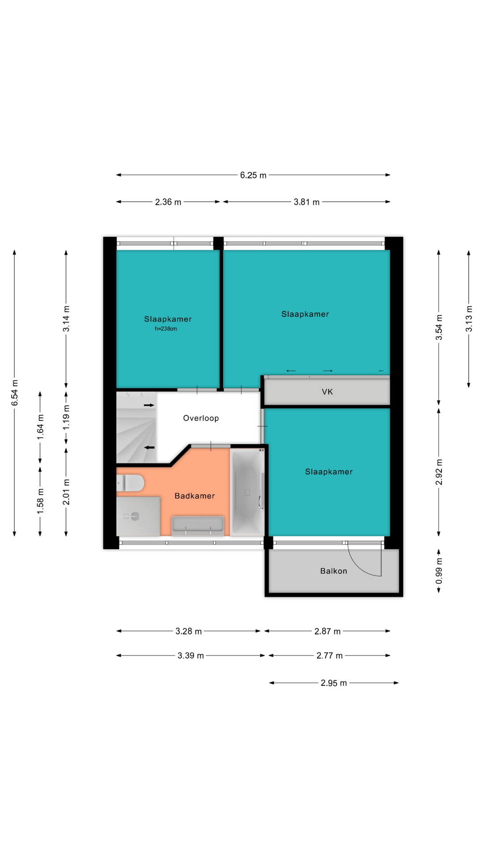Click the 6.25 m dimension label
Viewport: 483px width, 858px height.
[253, 175]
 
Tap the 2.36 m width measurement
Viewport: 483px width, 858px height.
[168, 202]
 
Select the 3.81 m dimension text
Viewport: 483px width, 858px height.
[307, 202]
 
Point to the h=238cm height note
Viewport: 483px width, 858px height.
[166, 329]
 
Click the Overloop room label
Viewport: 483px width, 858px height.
[201, 418]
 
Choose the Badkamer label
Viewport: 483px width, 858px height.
[195, 496]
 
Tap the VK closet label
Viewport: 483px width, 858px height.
[327, 392]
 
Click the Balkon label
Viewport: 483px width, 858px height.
[334, 571]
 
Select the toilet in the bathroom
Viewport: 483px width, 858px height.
[130, 483]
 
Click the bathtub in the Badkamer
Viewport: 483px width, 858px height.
[247, 492]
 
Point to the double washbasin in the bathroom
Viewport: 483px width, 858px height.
[198, 526]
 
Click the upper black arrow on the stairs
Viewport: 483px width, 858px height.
[149, 405]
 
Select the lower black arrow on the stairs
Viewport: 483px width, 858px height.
[149, 447]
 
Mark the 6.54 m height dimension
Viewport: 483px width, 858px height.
[15, 393]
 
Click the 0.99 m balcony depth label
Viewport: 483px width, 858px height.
[439, 571]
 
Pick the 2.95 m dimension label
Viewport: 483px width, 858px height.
[334, 683]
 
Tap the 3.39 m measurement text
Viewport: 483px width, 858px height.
[191, 656]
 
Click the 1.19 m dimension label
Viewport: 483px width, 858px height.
[66, 417]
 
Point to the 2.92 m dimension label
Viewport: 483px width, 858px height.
[439, 472]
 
